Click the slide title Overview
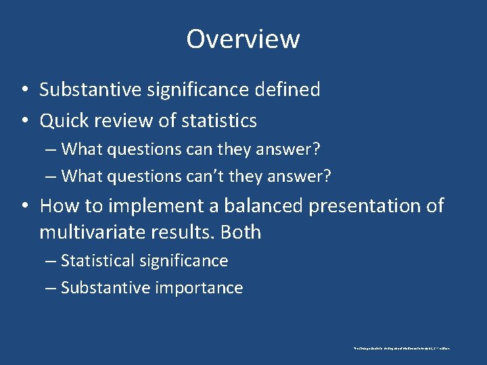coord(243,39)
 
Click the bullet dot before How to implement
coord(24,206)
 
